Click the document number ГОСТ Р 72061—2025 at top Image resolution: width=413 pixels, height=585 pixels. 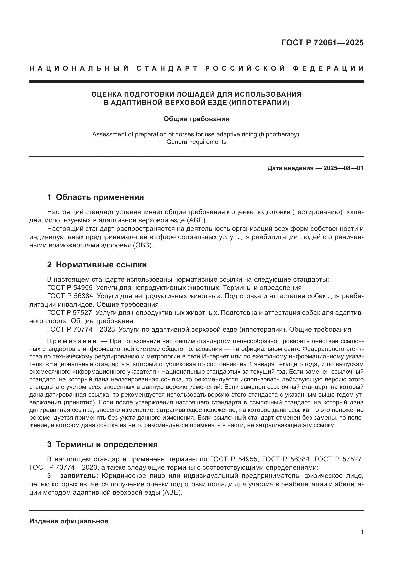[322, 43]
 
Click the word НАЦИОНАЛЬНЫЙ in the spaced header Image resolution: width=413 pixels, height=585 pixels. [79, 68]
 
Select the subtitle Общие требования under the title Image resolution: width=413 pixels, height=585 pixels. [196, 119]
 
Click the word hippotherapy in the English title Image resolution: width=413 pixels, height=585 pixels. [278, 134]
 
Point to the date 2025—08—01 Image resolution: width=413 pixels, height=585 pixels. [343, 168]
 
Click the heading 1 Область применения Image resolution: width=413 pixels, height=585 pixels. [96, 197]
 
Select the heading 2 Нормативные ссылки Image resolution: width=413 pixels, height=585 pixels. [97, 265]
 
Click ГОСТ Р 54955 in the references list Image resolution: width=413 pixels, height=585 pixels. [70, 288]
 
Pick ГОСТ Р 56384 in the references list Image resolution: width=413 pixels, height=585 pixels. [70, 296]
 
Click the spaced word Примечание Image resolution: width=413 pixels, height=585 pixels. [72, 341]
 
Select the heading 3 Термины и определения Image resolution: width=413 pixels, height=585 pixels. [102, 444]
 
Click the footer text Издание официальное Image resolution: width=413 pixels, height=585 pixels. [69, 521]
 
